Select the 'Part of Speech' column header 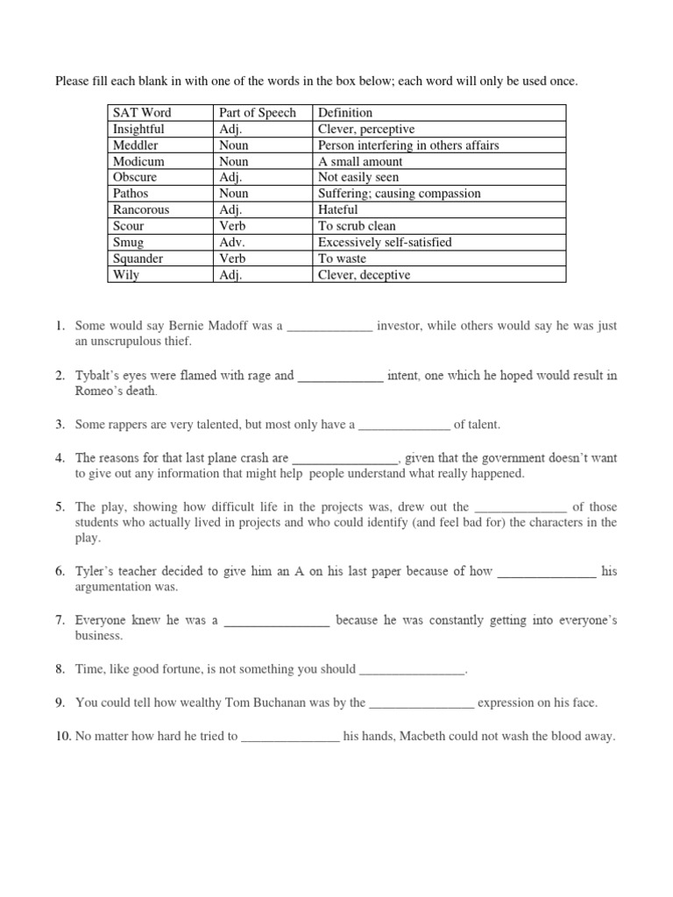[x=256, y=113]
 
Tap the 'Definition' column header [x=344, y=113]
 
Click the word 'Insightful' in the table [x=138, y=129]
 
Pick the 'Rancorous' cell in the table [x=141, y=210]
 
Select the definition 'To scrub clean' [x=357, y=226]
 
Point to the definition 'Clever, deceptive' [x=364, y=275]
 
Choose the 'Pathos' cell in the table [x=131, y=194]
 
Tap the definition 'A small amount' [x=360, y=161]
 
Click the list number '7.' [x=60, y=620]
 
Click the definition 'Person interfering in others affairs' [x=408, y=145]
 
